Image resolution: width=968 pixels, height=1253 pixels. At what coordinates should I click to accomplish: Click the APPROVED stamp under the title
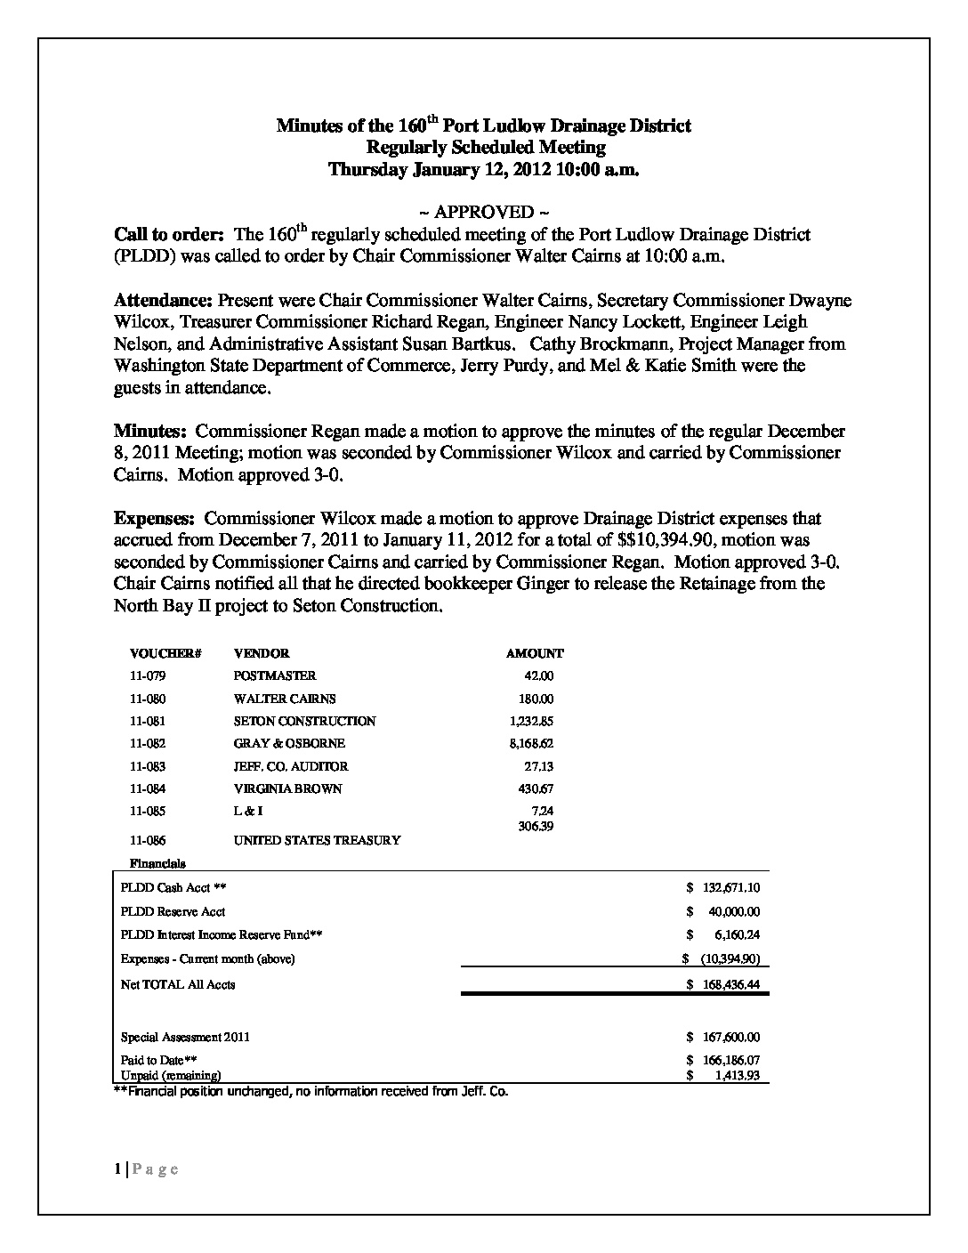pos(484,212)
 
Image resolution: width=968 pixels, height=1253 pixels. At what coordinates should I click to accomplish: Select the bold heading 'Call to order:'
pos(169,235)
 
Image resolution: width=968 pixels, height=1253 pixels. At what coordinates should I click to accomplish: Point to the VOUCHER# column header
pos(165,653)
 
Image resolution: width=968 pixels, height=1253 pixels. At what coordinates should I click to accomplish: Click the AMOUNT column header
pos(535,653)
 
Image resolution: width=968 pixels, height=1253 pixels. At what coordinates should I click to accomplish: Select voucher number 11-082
pos(148,743)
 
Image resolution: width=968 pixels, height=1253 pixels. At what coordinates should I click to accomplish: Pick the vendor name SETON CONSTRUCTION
pos(304,721)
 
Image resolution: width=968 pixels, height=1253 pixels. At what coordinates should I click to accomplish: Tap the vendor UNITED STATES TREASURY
pos(317,839)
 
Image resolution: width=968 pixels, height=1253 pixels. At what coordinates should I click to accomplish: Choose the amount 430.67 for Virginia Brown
pos(536,788)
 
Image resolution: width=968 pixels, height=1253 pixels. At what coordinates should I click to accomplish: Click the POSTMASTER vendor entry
pos(275,675)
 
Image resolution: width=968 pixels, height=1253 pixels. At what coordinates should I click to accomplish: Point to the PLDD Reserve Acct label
pos(173,911)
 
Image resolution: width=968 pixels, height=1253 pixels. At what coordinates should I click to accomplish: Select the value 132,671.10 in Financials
pos(730,888)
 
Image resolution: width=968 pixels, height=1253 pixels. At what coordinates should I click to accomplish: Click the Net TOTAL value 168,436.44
pos(730,984)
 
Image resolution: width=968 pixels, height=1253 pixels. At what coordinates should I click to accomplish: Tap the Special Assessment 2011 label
pos(185,1037)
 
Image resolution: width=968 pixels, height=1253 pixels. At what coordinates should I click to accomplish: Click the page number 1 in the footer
pos(117,1169)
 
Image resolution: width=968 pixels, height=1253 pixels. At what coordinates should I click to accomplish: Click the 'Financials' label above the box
pos(157,863)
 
